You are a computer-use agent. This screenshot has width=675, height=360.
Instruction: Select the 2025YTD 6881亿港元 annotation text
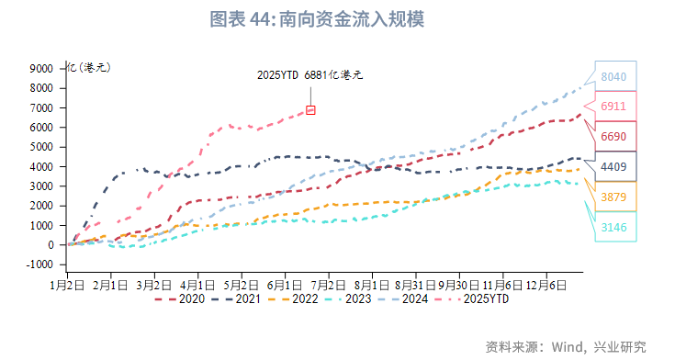[x=309, y=74]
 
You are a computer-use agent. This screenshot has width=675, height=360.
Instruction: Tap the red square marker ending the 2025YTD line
[x=310, y=110]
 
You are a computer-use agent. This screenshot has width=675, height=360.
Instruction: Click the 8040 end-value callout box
[x=613, y=77]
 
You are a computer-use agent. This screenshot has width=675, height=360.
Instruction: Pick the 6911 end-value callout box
[x=613, y=107]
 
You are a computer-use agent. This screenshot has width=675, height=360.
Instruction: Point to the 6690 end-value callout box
[x=613, y=137]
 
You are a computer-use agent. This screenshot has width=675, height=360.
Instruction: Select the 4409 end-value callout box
[x=613, y=167]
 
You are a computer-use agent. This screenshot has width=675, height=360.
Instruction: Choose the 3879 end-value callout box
[x=613, y=197]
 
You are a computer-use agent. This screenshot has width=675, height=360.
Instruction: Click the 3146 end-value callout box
[x=613, y=227]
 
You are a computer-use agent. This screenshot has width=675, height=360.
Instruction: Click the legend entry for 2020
[x=180, y=298]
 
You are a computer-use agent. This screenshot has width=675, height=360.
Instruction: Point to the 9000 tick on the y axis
[x=41, y=68]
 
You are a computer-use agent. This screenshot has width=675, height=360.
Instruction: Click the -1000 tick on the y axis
[x=39, y=264]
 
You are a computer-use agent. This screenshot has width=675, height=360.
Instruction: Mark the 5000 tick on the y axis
[x=41, y=147]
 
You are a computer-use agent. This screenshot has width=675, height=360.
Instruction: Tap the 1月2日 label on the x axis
[x=67, y=285]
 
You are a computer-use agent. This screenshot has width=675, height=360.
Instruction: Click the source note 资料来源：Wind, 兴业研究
[x=566, y=346]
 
